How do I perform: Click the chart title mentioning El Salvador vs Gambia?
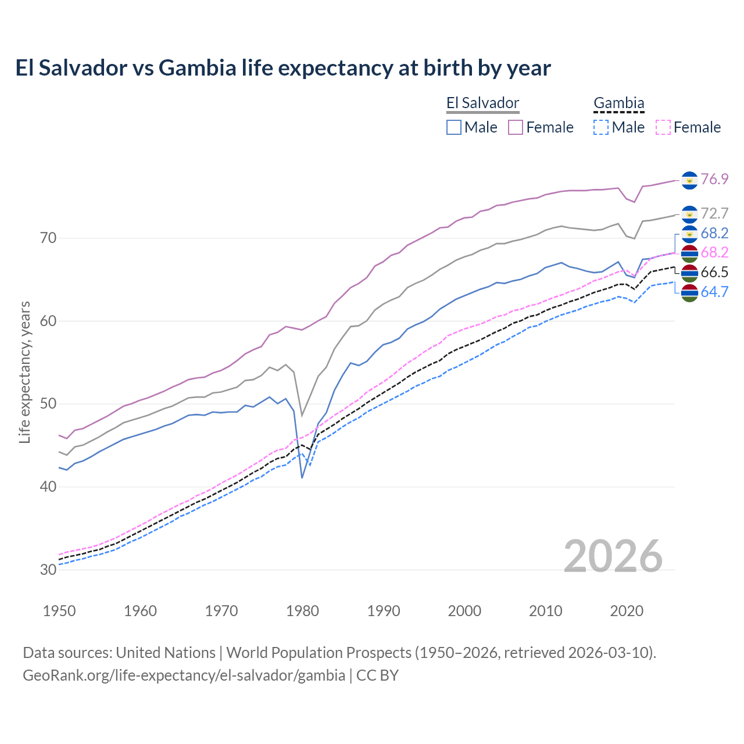click(x=282, y=68)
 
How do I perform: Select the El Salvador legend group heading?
click(x=482, y=103)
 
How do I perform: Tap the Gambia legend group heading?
click(x=618, y=103)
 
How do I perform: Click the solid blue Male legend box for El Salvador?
click(x=454, y=127)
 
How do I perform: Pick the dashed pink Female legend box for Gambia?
click(x=663, y=127)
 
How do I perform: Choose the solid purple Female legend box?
click(x=516, y=127)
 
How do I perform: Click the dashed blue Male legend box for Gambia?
click(x=601, y=127)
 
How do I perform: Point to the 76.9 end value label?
click(x=714, y=179)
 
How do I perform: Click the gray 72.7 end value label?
click(x=714, y=213)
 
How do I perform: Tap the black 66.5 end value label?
click(x=714, y=273)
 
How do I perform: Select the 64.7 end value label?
click(x=714, y=292)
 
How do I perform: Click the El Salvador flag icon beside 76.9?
click(x=689, y=180)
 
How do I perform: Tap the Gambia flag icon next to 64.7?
click(x=689, y=293)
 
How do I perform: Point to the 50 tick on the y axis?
click(x=48, y=404)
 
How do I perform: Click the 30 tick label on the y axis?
click(x=48, y=570)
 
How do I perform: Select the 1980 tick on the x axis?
click(x=303, y=611)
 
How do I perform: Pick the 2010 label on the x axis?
click(x=545, y=611)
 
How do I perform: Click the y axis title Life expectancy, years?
click(x=24, y=372)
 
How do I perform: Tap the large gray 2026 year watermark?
click(x=613, y=556)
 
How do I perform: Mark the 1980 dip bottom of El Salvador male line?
click(x=302, y=477)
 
